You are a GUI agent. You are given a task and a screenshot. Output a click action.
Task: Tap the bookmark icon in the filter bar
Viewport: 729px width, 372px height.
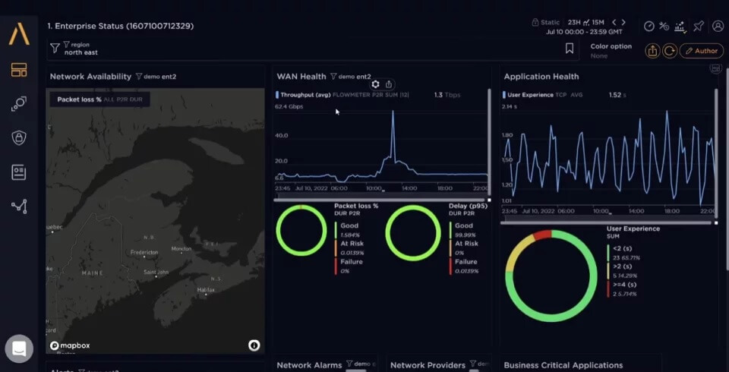click(570, 49)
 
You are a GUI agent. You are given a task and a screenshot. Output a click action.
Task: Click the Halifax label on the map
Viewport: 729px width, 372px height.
click(206, 290)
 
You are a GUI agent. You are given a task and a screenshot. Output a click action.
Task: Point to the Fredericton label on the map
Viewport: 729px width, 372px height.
click(144, 252)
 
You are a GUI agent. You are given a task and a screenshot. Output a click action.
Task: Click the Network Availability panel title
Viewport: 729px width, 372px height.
click(90, 77)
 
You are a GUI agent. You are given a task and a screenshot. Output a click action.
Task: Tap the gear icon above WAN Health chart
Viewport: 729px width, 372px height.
click(375, 84)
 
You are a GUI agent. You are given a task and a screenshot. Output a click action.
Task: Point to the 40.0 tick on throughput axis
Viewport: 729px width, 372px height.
click(281, 136)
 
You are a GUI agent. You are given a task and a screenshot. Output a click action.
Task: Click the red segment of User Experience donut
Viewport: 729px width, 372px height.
click(542, 235)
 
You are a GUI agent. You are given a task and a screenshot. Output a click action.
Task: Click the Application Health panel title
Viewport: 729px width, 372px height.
click(541, 77)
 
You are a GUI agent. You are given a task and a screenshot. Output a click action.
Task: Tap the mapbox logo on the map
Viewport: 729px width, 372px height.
click(70, 345)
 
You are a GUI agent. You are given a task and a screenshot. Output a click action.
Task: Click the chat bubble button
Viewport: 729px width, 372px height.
click(19, 349)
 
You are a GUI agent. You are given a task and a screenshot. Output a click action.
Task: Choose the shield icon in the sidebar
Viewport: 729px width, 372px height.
click(19, 137)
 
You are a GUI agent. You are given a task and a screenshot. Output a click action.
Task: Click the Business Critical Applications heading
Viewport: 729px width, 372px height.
click(563, 365)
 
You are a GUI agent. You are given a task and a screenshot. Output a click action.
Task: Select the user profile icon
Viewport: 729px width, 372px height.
click(718, 26)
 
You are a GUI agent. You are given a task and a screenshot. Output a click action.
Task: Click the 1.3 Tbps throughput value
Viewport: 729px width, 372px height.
click(447, 96)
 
